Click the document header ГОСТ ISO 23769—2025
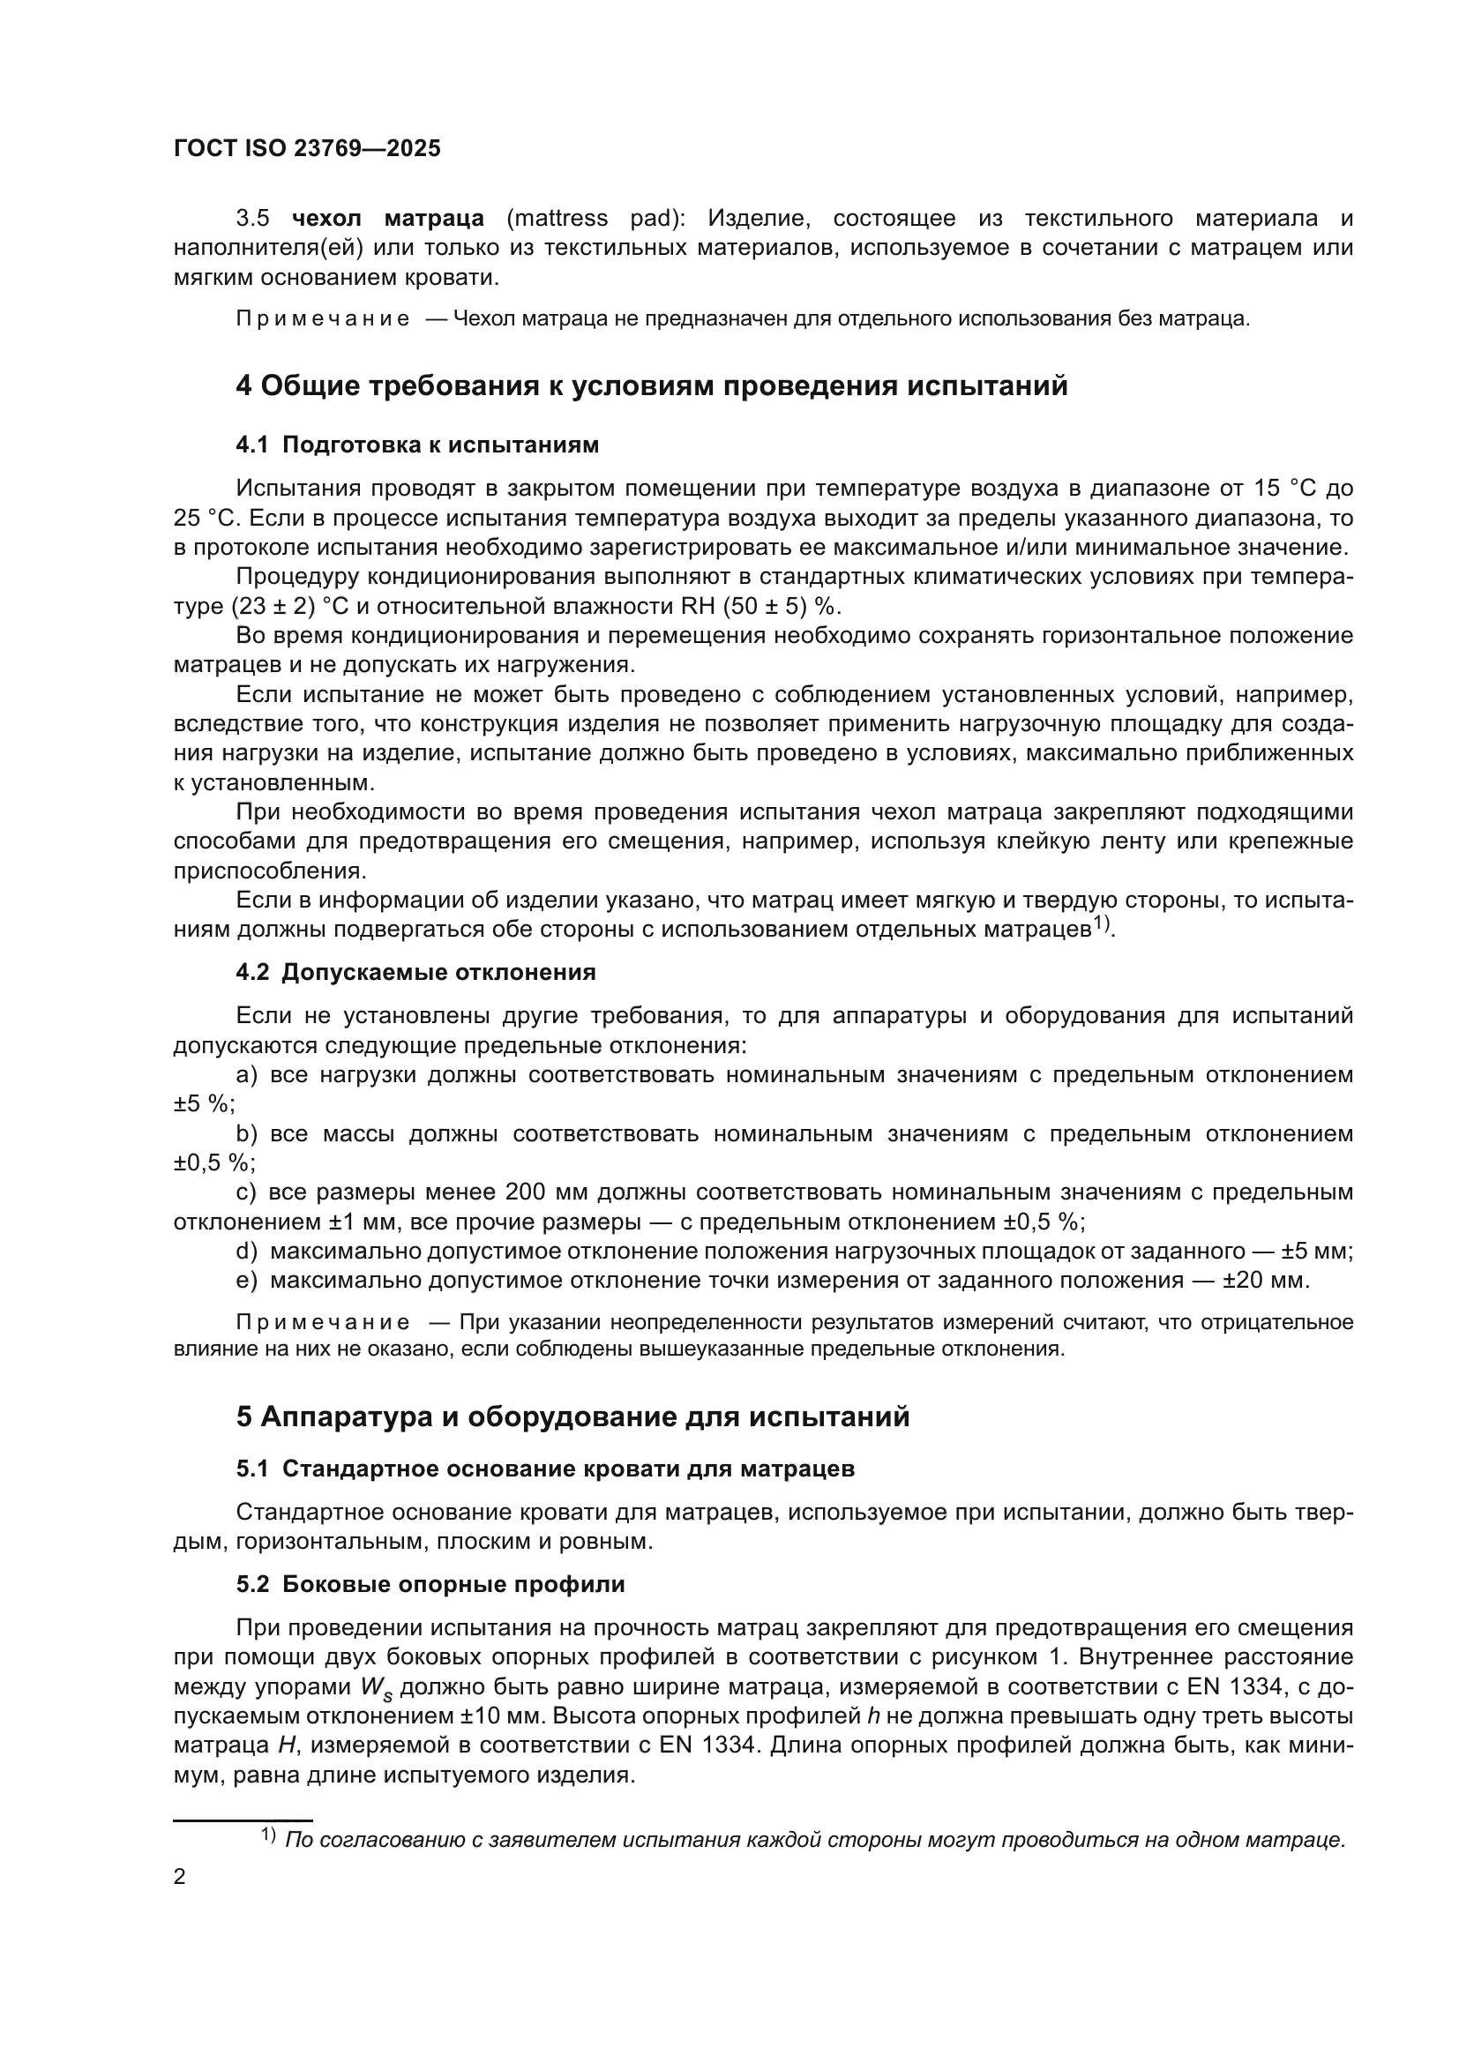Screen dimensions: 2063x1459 tap(307, 149)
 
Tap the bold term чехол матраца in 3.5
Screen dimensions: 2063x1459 tap(388, 219)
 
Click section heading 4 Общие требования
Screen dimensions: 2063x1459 tap(651, 385)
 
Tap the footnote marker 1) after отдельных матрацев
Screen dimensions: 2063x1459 tap(1103, 924)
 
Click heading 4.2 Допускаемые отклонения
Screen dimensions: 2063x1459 tap(416, 972)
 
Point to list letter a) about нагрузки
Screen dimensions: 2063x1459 tap(246, 1074)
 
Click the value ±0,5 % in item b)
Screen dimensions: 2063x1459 tap(213, 1162)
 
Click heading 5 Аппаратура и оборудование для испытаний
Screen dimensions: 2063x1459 tap(572, 1417)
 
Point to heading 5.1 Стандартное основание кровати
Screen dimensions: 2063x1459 tap(545, 1469)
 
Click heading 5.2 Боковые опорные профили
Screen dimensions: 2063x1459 tap(430, 1584)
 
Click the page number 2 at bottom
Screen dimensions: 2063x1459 tap(180, 1877)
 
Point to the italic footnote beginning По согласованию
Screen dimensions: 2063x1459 tap(814, 1839)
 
